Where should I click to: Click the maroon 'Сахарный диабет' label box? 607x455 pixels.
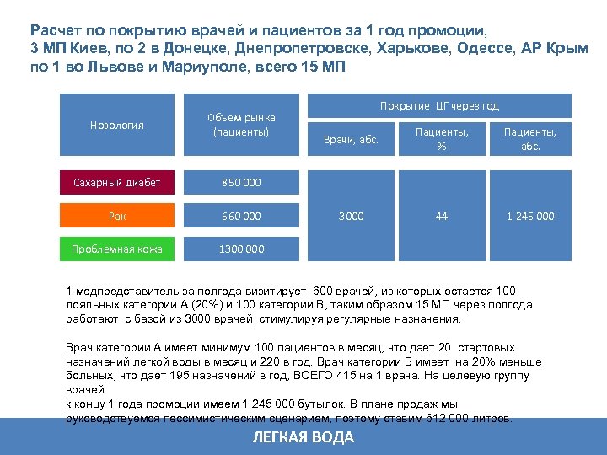click(117, 182)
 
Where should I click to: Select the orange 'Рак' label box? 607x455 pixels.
click(117, 216)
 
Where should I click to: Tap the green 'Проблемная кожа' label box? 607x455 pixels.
click(117, 249)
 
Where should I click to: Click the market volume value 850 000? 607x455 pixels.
click(241, 182)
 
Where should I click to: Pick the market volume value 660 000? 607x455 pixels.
click(241, 216)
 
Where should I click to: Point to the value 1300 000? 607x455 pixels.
click(241, 249)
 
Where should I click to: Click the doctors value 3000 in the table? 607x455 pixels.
click(351, 216)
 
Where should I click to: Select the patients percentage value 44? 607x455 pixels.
click(441, 216)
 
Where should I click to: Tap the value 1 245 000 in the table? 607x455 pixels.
click(530, 216)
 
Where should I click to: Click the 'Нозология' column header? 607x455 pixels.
click(117, 126)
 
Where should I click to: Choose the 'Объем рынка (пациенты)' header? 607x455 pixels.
click(241, 126)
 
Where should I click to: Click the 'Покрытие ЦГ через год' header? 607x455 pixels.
click(439, 105)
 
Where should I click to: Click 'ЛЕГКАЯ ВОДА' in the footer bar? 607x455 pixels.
click(303, 437)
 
